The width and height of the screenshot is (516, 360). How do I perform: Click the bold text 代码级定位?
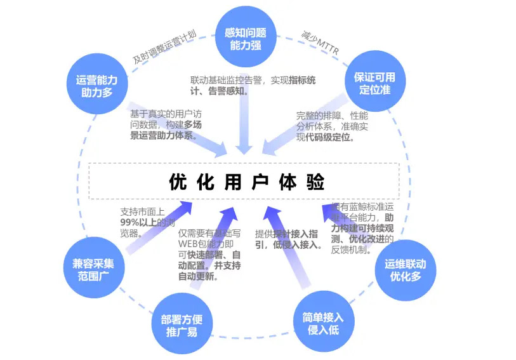click(331, 137)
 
